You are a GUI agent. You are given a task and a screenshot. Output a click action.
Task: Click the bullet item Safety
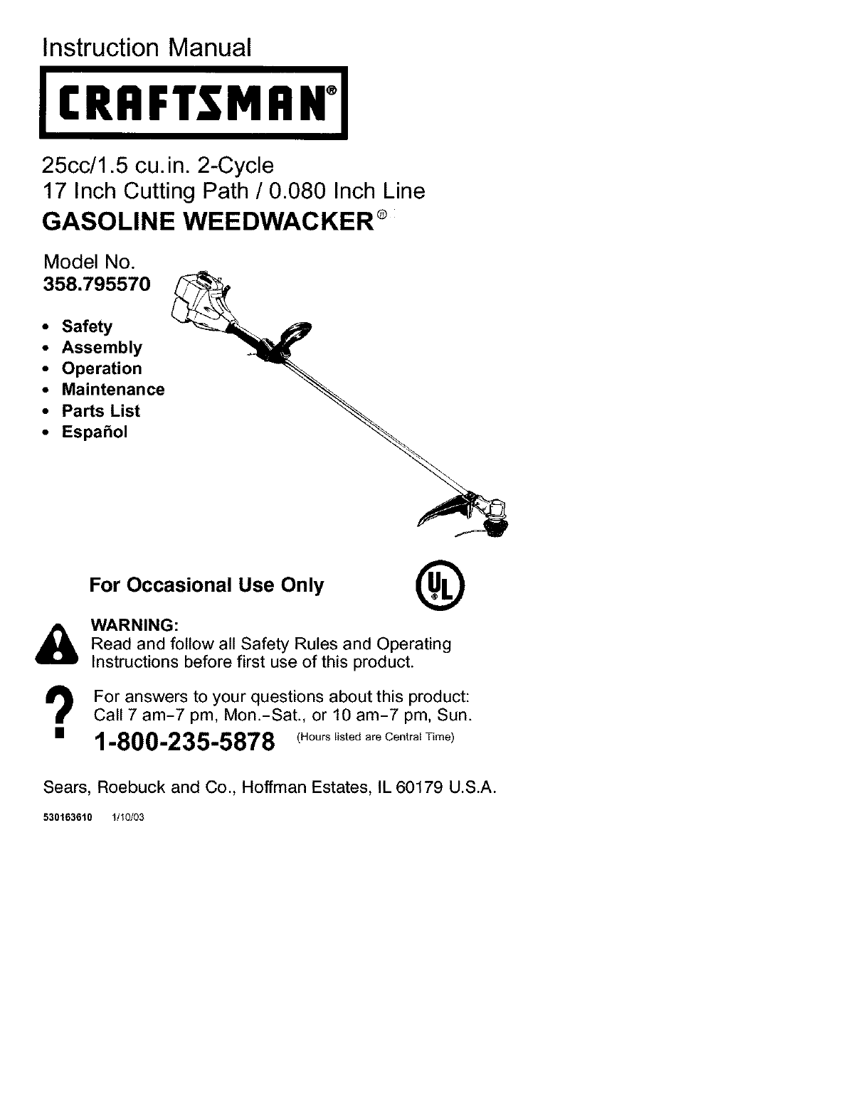(87, 326)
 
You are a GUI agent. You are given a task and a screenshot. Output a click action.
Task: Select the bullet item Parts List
(100, 411)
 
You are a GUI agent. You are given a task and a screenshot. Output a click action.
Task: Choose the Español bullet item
(95, 432)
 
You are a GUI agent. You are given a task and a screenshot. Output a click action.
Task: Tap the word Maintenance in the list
(113, 390)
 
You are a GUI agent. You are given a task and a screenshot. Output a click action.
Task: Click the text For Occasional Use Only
(206, 585)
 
